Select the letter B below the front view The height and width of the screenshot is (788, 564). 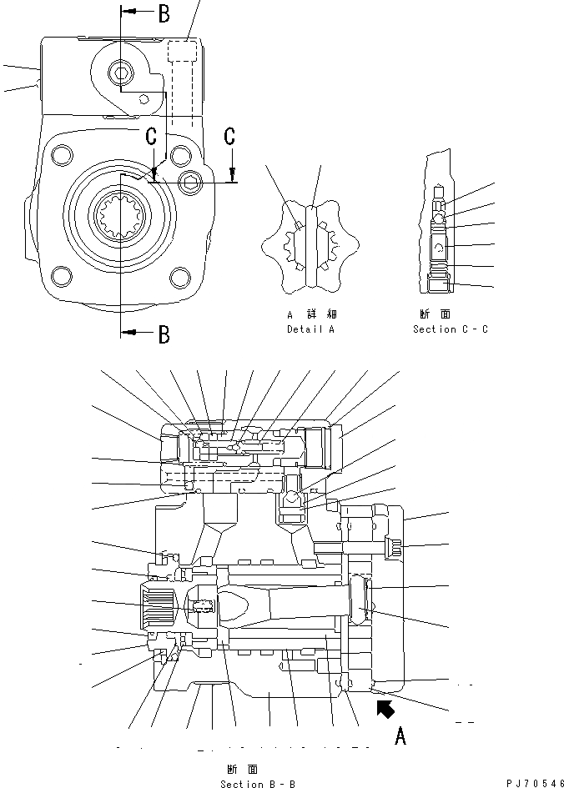[x=164, y=334]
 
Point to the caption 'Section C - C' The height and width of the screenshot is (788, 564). [x=451, y=329]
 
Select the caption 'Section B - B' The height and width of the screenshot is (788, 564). [x=258, y=784]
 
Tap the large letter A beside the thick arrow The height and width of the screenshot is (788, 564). [x=400, y=735]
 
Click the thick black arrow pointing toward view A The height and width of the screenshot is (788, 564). [x=384, y=710]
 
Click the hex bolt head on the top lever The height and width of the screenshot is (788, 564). [x=122, y=75]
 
